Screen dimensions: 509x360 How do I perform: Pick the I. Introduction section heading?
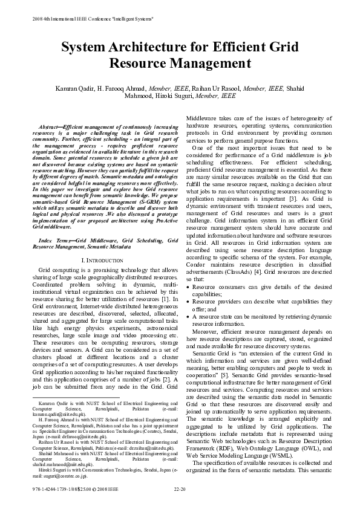click(x=102, y=259)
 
